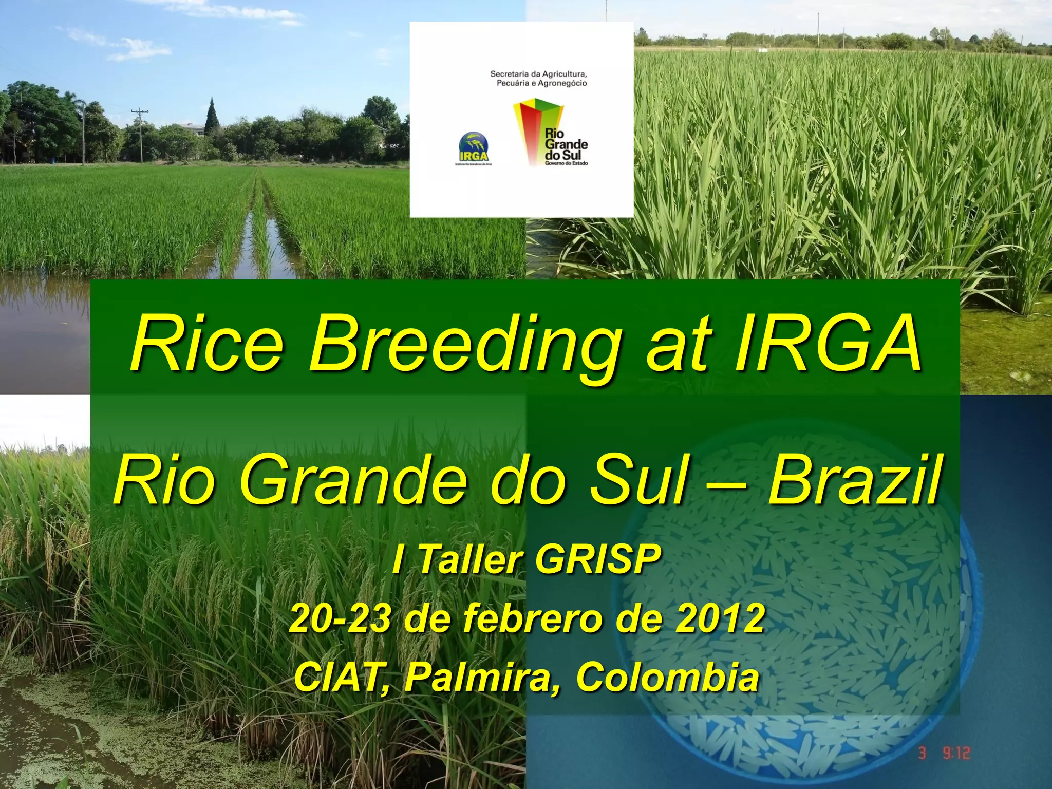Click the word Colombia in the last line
pos(667,677)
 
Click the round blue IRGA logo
pos(473,146)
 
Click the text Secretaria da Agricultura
pos(538,74)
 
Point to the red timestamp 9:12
pos(956,753)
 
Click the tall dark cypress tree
pos(211,117)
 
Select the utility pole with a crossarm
pos(140,134)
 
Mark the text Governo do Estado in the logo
pos(566,163)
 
